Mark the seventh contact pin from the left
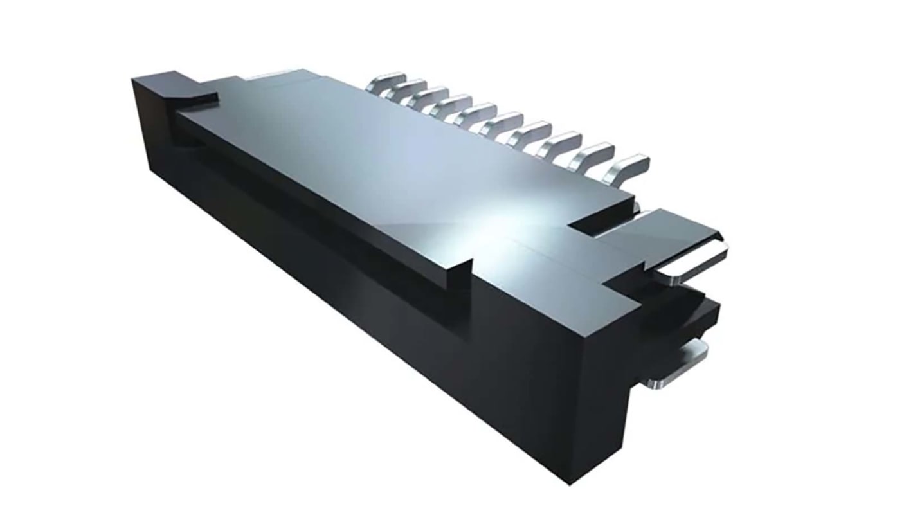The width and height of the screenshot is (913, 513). (x=531, y=130)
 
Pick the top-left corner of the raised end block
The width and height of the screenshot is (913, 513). (x=133, y=80)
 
